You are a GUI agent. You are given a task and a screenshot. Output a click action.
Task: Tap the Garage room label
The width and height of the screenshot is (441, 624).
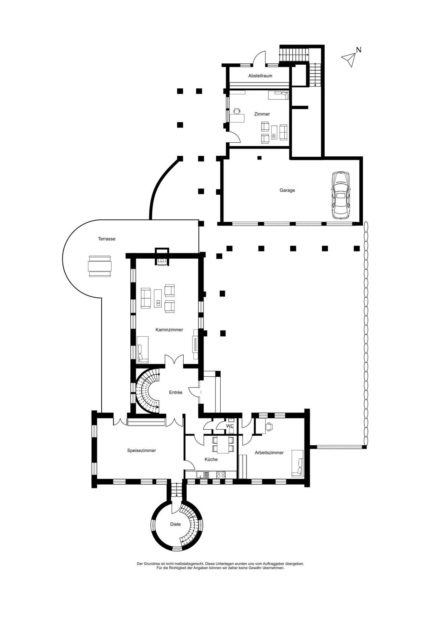point(287,190)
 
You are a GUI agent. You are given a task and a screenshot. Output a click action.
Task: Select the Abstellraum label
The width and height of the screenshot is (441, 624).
point(260,76)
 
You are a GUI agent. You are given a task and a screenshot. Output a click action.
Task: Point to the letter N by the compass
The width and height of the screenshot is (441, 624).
point(359,50)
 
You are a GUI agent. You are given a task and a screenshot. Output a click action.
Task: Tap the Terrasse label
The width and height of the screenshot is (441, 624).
point(107,239)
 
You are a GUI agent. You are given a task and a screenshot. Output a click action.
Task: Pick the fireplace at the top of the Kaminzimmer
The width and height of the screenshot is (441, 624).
point(162,257)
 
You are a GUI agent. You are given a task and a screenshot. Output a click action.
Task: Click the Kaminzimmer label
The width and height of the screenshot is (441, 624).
point(169,330)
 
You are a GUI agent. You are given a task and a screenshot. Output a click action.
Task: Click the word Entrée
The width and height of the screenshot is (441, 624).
point(176,392)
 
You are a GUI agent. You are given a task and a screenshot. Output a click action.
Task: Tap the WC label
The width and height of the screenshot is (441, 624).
point(230,426)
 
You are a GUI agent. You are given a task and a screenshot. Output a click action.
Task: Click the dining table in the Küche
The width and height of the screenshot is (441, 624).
point(223,444)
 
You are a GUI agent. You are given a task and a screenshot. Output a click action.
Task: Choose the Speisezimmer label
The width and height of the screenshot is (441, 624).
point(141,450)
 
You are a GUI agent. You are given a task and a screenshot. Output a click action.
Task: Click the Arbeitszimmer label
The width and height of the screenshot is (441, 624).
point(269,452)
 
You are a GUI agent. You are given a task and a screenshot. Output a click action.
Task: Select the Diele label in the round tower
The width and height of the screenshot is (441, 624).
point(175,524)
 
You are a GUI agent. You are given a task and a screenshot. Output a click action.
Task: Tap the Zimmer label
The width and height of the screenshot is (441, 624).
point(262,114)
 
